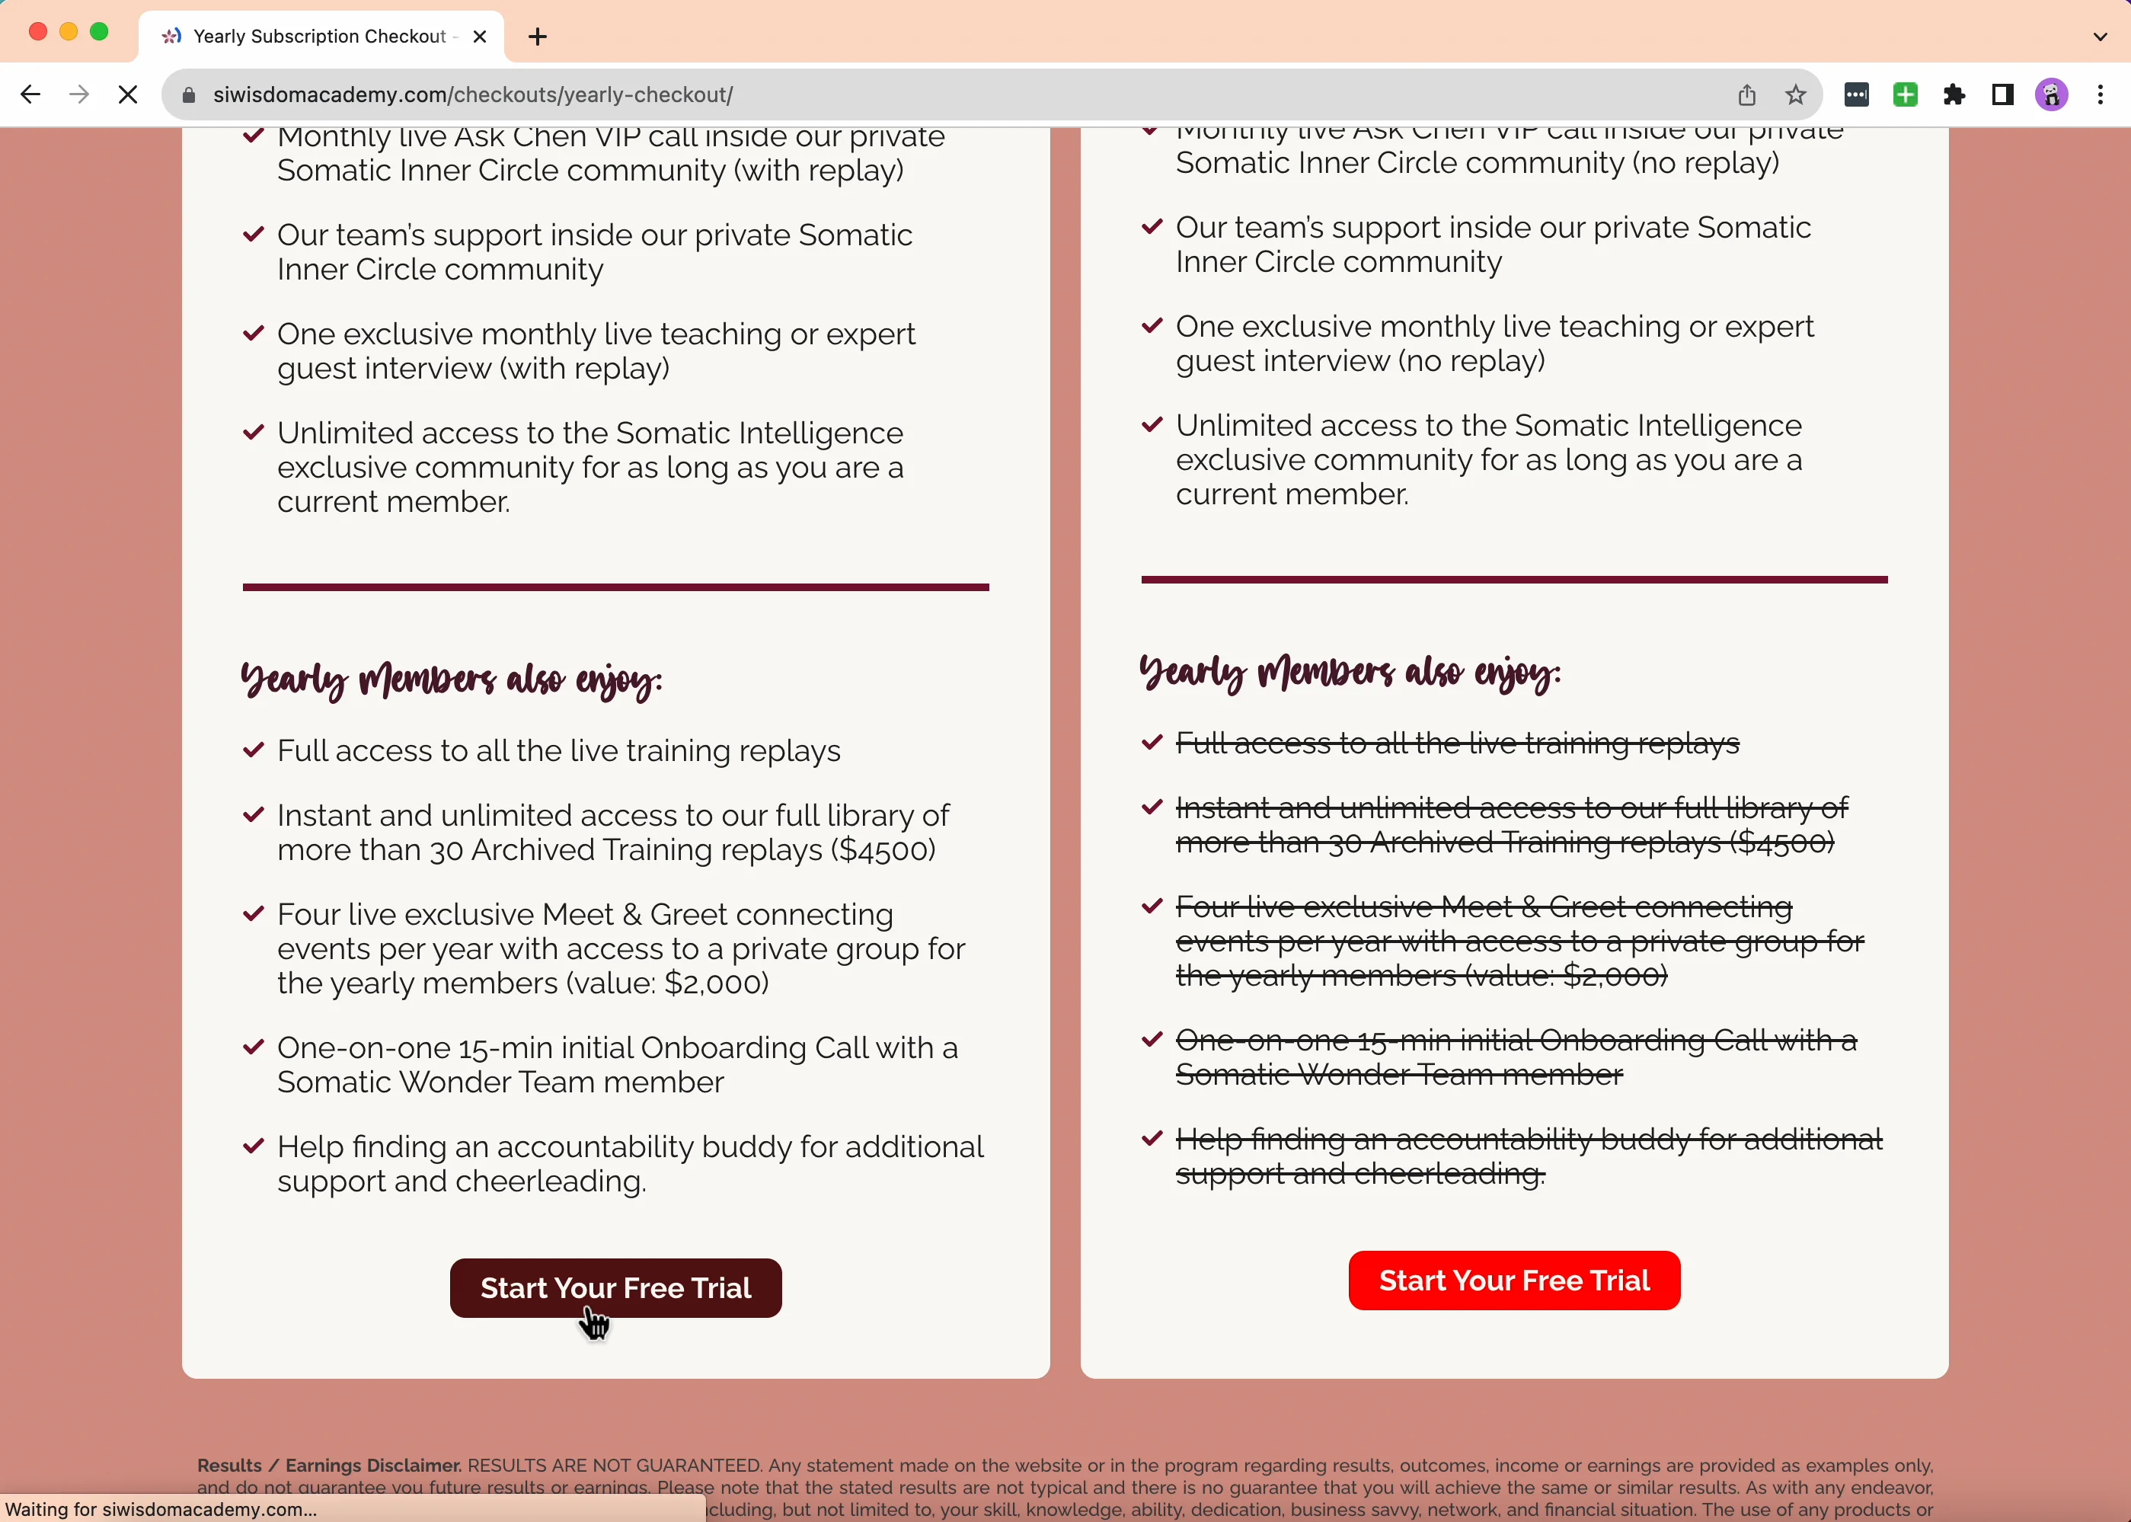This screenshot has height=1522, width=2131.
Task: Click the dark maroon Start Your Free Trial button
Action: pos(615,1287)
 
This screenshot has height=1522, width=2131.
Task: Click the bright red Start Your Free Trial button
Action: pos(1513,1281)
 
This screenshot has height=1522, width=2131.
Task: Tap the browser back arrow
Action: pos(30,94)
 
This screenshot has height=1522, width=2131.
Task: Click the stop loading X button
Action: pos(129,94)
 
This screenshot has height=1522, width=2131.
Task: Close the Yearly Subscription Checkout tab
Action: pos(480,37)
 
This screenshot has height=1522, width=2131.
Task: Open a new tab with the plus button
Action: pos(538,37)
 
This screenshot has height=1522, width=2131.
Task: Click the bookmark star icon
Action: pos(1794,94)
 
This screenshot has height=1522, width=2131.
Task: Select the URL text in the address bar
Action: pos(472,94)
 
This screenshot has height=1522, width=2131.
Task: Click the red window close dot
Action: pos(38,32)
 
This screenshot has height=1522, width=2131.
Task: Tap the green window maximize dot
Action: pos(99,32)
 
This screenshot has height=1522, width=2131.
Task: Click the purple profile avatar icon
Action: pos(2051,94)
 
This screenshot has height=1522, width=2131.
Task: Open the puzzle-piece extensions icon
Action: pos(1954,94)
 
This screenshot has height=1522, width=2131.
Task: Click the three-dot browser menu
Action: pos(2100,94)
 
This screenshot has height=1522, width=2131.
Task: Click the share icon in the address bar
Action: pos(1746,94)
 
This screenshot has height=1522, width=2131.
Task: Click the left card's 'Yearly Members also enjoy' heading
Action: pos(452,679)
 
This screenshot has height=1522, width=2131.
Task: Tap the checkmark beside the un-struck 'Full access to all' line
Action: pos(253,750)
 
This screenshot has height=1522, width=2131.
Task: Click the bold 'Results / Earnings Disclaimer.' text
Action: pos(329,1465)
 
